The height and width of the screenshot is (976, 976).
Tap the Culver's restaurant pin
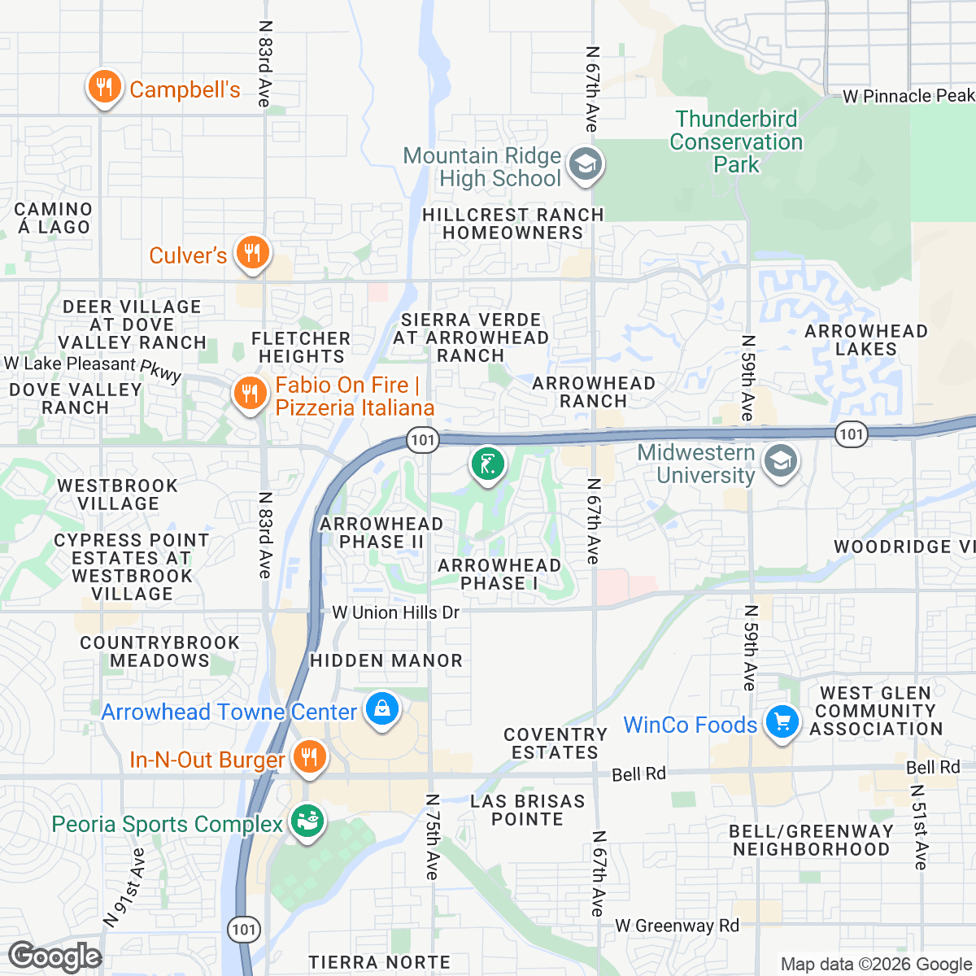click(x=252, y=253)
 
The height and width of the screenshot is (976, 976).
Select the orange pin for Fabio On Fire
click(x=250, y=394)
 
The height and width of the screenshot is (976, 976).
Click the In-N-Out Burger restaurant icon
click(x=308, y=757)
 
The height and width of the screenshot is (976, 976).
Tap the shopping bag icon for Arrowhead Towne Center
click(x=381, y=708)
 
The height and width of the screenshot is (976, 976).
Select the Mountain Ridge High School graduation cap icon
click(x=585, y=164)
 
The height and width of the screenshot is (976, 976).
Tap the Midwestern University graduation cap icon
click(x=780, y=462)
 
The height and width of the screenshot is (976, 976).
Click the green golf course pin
click(x=487, y=465)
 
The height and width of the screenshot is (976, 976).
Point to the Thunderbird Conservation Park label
click(x=736, y=142)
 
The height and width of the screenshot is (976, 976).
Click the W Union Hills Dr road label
click(x=396, y=612)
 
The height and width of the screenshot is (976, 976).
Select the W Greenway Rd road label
click(x=677, y=926)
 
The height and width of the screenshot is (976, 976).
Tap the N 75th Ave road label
click(x=432, y=836)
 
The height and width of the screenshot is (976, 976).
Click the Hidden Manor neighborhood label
click(x=386, y=660)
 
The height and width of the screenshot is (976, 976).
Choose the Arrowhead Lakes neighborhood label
click(x=865, y=340)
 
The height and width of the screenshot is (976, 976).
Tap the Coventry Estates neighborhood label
click(x=556, y=743)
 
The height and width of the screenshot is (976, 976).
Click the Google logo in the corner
click(x=54, y=957)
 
